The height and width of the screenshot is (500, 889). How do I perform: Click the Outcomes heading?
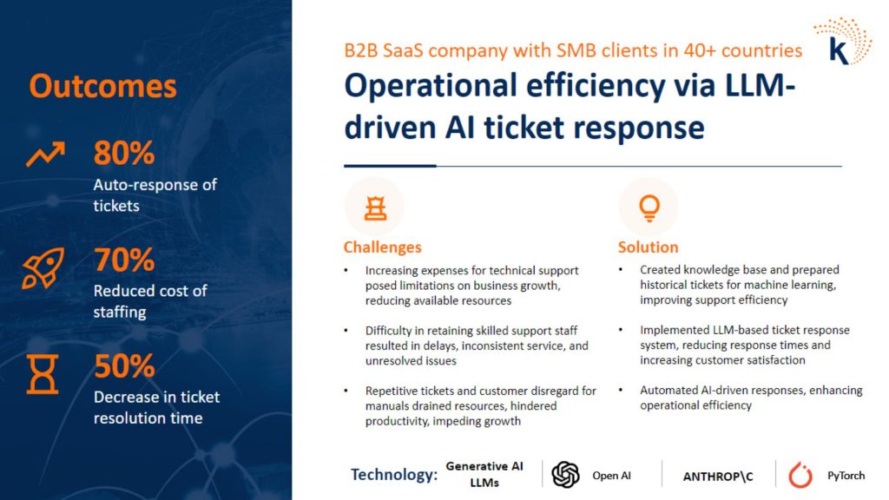click(102, 86)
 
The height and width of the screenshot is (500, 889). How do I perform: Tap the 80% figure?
click(123, 153)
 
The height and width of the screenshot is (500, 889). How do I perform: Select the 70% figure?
click(123, 260)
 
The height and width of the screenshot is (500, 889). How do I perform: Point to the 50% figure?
click(123, 366)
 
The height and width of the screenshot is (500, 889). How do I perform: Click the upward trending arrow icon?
click(45, 154)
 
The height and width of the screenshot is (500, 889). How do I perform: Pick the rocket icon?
click(43, 268)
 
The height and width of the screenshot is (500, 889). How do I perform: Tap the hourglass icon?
click(43, 374)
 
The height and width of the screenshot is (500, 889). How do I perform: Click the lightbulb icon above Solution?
click(649, 208)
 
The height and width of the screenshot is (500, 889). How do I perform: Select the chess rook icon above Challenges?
click(375, 208)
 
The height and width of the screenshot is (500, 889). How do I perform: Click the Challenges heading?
click(382, 247)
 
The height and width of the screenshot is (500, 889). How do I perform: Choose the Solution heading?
click(648, 247)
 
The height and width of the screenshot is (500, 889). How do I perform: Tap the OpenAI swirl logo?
click(565, 475)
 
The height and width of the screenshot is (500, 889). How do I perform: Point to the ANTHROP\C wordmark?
click(718, 477)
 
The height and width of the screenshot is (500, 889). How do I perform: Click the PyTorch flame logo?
click(800, 475)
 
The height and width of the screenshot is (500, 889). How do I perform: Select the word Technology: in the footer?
click(394, 475)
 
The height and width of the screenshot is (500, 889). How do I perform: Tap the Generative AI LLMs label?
click(484, 475)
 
